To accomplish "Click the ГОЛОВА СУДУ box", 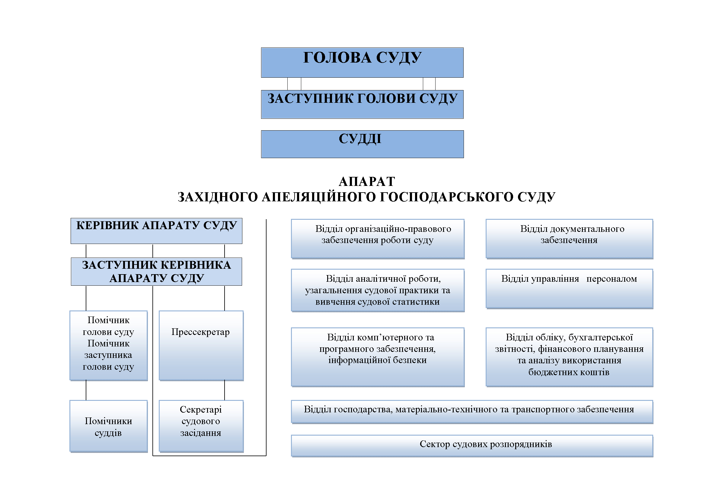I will [x=362, y=63].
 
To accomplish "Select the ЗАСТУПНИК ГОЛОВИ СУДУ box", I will [x=362, y=104].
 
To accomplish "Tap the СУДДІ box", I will [x=362, y=144].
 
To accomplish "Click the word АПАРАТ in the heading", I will [x=367, y=182].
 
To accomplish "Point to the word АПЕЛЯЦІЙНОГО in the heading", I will [x=318, y=197].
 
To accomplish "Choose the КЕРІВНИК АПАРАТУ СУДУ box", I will [x=157, y=231].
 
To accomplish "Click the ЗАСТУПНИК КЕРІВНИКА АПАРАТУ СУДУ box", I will [x=157, y=271].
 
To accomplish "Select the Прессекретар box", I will [x=201, y=346].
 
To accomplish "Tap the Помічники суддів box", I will [x=109, y=426].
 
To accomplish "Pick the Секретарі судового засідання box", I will [x=201, y=426].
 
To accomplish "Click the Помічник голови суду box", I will [x=109, y=346].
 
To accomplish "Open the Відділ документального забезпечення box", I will [x=569, y=239].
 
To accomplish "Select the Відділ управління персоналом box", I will [x=569, y=289].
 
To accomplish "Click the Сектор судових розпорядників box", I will [x=472, y=446].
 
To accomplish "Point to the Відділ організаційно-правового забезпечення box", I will [x=378, y=239].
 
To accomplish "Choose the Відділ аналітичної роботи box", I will [x=378, y=290].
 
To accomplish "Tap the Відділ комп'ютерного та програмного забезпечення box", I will [x=378, y=357].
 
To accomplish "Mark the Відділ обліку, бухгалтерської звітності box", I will [x=569, y=357].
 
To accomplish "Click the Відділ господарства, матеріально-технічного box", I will [x=472, y=412].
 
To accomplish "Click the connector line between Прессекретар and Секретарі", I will [x=225, y=390].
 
